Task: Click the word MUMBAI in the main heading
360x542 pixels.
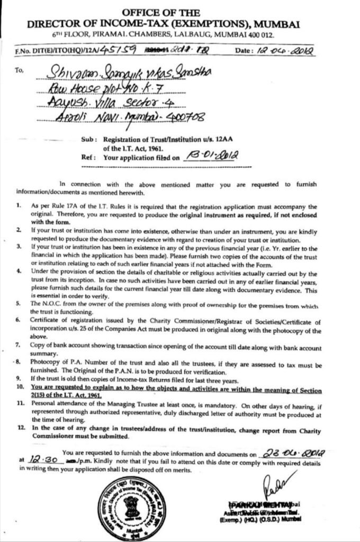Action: pyautogui.click(x=279, y=23)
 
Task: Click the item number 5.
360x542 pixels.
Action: pyautogui.click(x=19, y=304)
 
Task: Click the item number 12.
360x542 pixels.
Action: pyautogui.click(x=20, y=426)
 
